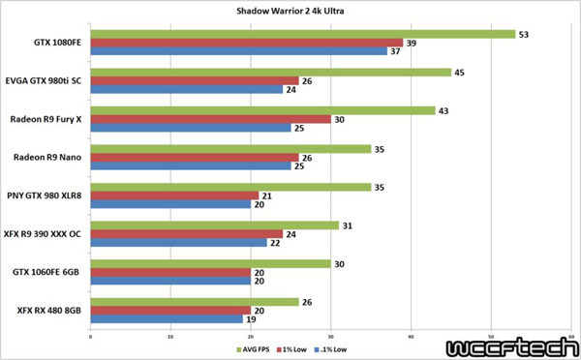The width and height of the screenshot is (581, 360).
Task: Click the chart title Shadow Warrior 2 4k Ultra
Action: (290, 11)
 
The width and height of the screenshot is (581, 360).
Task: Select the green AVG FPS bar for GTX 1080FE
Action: (302, 35)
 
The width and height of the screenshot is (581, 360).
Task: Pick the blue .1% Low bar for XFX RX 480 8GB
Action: (166, 318)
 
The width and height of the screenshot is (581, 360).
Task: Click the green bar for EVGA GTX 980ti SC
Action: (270, 72)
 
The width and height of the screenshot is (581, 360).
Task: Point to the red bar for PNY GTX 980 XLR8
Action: (174, 196)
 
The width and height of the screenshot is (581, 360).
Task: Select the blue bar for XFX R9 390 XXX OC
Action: (178, 243)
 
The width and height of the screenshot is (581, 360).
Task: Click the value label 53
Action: (524, 35)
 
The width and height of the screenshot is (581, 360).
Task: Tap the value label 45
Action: (460, 72)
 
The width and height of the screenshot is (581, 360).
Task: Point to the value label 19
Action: (250, 318)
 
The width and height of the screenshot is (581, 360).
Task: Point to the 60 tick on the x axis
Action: (571, 337)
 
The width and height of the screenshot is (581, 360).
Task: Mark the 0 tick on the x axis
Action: (90, 337)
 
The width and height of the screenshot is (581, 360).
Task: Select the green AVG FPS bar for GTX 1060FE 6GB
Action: (210, 263)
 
